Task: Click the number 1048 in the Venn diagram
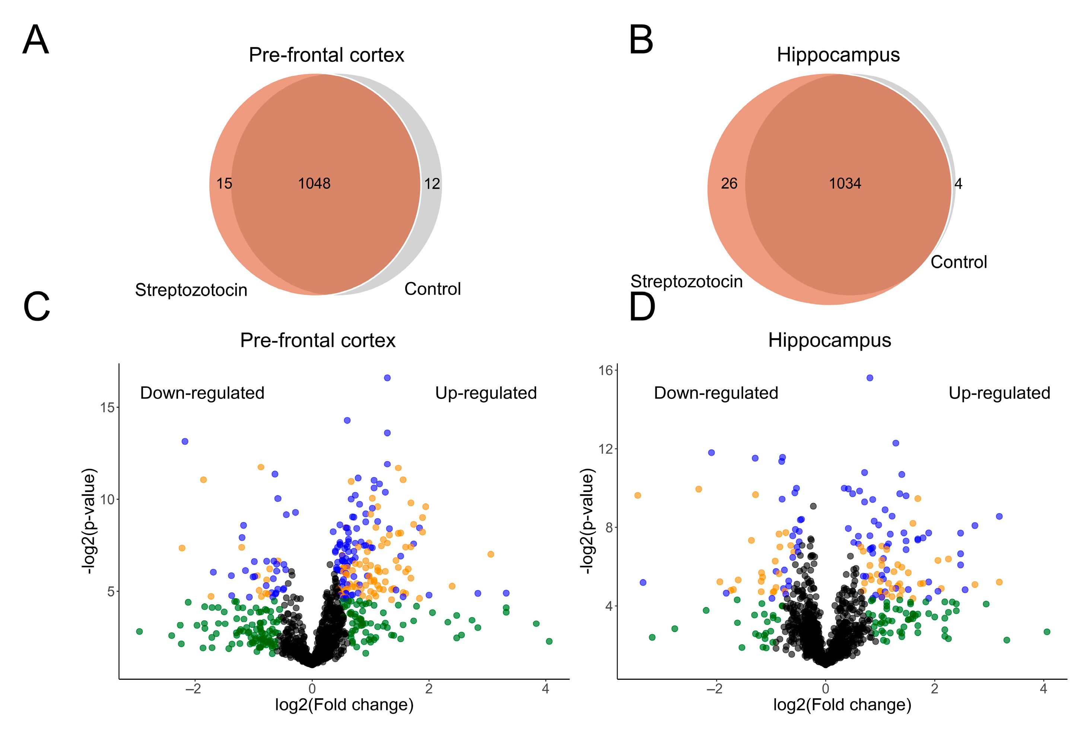pos(314,184)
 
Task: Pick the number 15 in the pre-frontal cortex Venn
pos(224,184)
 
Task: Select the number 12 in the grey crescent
pos(432,184)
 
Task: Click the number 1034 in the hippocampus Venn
pos(845,184)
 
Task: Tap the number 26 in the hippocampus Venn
pos(729,184)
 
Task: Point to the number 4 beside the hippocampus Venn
pos(958,184)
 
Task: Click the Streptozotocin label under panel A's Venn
pos(191,290)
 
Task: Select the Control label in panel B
pos(959,262)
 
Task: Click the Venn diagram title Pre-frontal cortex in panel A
pos(326,55)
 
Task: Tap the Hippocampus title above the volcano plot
pos(830,340)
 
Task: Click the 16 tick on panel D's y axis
pos(606,371)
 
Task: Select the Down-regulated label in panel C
pos(202,393)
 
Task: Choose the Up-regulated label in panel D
pos(999,393)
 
